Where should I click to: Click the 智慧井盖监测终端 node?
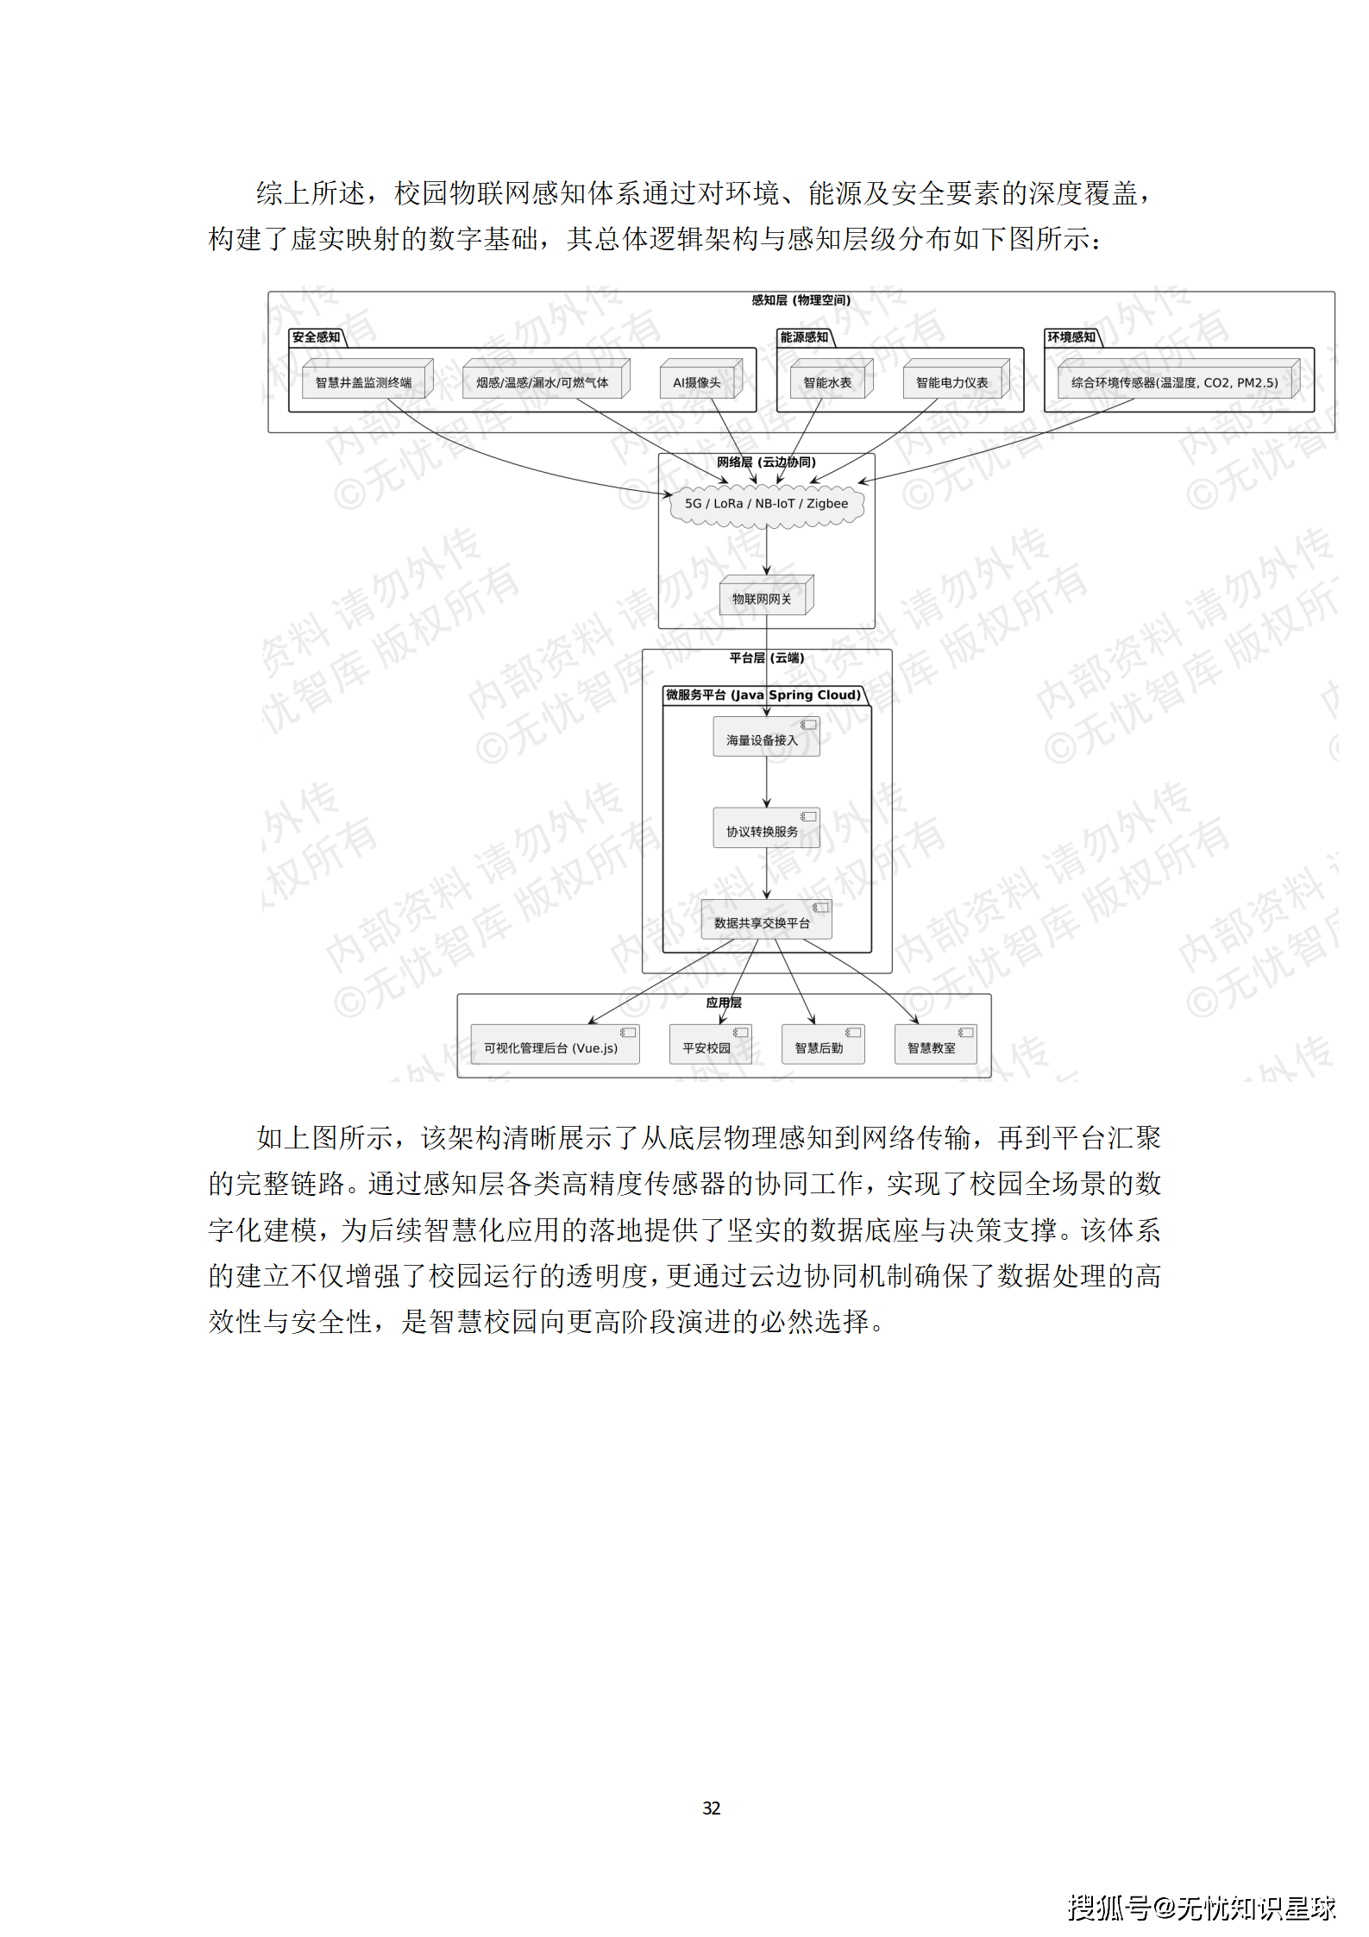pyautogui.click(x=364, y=382)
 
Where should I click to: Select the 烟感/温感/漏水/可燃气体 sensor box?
pyautogui.click(x=543, y=382)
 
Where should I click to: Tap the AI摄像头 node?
pyautogui.click(x=697, y=382)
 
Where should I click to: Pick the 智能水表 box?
pyautogui.click(x=828, y=382)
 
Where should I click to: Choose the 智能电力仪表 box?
pyautogui.click(x=952, y=382)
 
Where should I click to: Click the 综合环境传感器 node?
pyautogui.click(x=1175, y=382)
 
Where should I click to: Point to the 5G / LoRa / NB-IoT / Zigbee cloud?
pyautogui.click(x=766, y=504)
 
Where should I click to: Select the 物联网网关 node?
pyautogui.click(x=763, y=598)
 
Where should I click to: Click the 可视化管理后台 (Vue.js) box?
pyautogui.click(x=552, y=1047)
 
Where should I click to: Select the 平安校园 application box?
pyautogui.click(x=708, y=1047)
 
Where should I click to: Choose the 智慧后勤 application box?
pyautogui.click(x=820, y=1047)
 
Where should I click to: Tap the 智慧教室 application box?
pyautogui.click(x=933, y=1047)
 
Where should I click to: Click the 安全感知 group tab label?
pyautogui.click(x=317, y=337)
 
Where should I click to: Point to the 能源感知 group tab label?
pyautogui.click(x=804, y=337)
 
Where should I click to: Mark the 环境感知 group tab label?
pyautogui.click(x=1071, y=337)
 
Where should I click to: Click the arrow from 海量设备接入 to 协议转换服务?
pyautogui.click(x=766, y=782)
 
